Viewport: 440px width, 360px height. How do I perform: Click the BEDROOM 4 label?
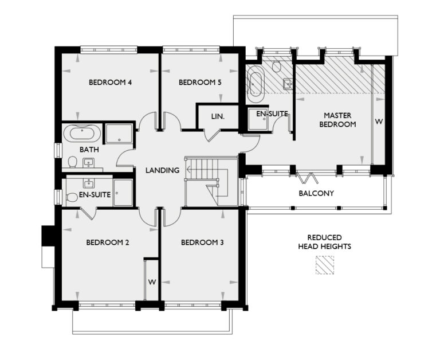point(111,83)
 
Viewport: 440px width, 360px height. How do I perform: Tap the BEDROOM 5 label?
point(200,83)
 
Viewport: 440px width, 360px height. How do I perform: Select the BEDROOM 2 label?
point(107,242)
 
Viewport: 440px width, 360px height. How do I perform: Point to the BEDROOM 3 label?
point(202,242)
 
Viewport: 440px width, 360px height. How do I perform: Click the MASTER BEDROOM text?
point(337,119)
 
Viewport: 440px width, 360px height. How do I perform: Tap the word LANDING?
point(163,170)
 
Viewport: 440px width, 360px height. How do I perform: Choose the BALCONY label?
point(316,193)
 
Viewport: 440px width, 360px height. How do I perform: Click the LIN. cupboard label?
point(217,116)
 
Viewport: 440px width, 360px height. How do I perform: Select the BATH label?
point(89,150)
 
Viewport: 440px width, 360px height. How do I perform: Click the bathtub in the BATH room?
point(82,134)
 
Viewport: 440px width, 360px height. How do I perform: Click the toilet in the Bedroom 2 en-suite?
point(72,198)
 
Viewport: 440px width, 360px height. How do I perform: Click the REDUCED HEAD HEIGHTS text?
point(324,242)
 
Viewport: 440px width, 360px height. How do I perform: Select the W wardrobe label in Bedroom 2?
point(152,282)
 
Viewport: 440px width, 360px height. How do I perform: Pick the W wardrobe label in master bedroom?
point(378,122)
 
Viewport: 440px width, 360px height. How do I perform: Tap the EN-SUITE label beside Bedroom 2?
point(95,195)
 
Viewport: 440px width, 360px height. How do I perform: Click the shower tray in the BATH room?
point(119,134)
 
